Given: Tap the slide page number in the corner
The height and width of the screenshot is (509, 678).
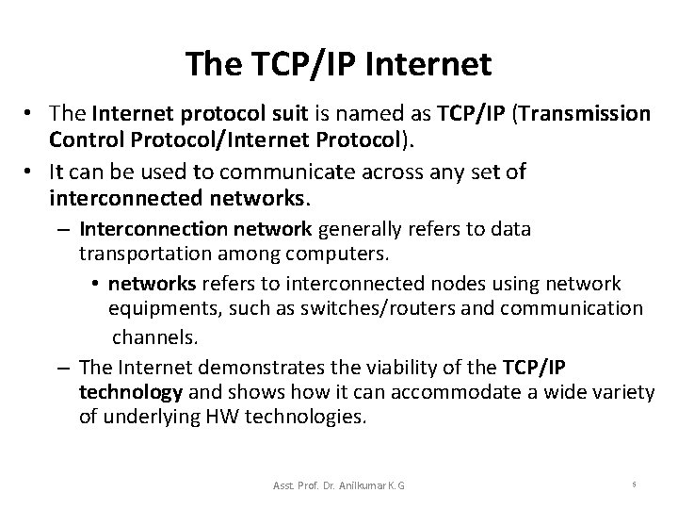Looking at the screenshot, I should pos(634,483).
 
